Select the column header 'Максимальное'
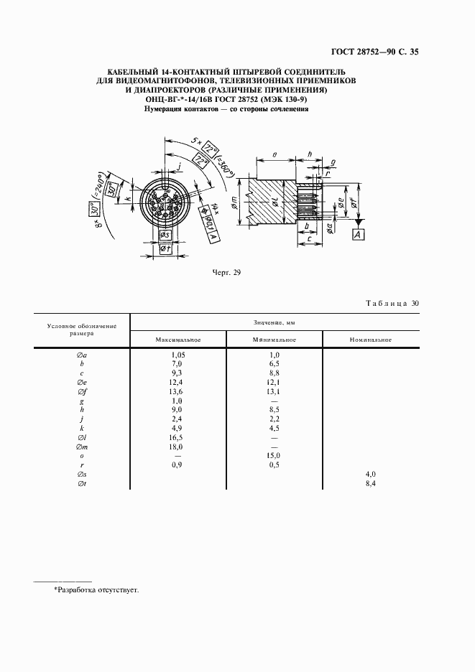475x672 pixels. (x=178, y=339)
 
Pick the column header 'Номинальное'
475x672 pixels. (x=369, y=339)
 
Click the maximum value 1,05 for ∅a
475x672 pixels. (x=178, y=355)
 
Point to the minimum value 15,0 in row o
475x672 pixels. (x=274, y=455)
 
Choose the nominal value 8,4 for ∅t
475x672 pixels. (x=369, y=485)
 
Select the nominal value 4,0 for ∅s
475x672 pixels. (x=369, y=475)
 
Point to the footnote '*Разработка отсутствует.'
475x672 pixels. (x=96, y=589)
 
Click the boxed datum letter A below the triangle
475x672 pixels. (x=357, y=235)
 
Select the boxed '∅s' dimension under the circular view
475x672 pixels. (x=165, y=235)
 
